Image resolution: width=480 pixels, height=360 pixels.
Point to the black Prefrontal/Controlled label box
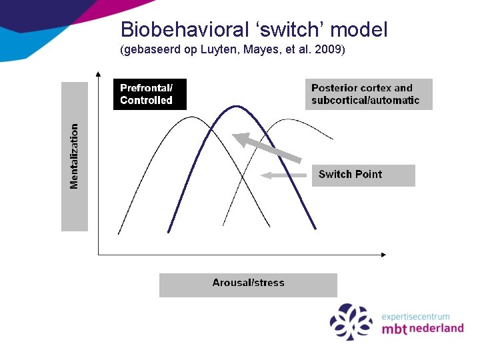point(149,94)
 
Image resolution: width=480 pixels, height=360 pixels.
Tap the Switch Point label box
point(363,175)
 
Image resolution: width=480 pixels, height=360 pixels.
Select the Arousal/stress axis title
point(248,283)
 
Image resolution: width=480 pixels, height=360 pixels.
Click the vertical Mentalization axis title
point(75,156)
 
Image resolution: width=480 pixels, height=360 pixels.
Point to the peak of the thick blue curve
point(234,106)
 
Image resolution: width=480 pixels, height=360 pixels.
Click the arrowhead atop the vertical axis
point(98,75)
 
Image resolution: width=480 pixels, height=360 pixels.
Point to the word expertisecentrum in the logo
point(415,317)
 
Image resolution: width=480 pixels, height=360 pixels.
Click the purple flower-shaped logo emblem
point(351,321)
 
